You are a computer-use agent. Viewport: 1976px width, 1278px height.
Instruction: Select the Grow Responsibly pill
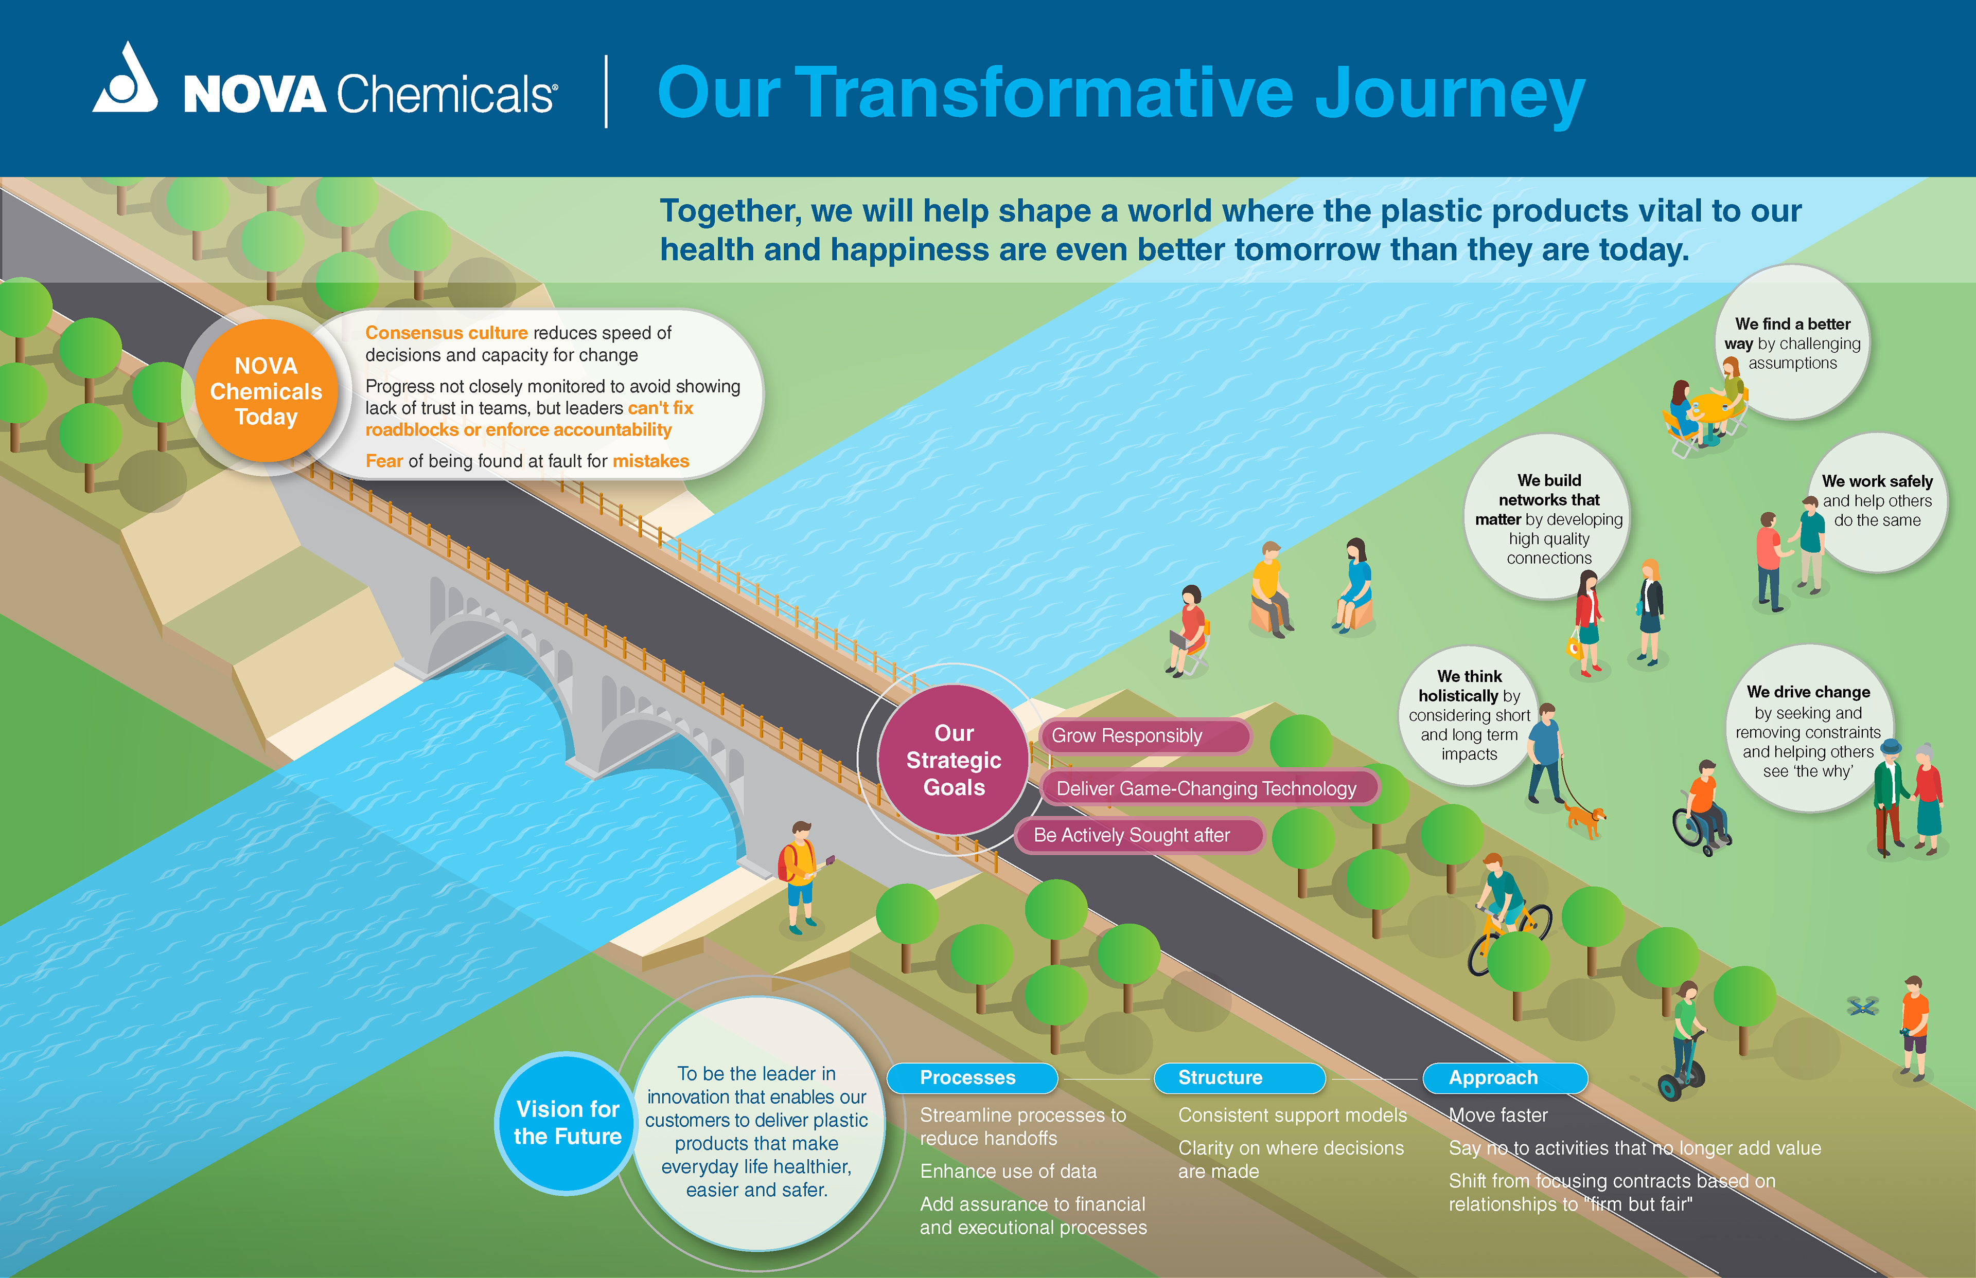click(x=1144, y=736)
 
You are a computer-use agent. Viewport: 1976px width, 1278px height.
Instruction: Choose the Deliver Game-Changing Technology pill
click(x=1206, y=788)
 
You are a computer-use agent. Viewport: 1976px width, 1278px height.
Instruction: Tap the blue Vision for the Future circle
click(x=567, y=1123)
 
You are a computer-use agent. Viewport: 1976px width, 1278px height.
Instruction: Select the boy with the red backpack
click(x=800, y=875)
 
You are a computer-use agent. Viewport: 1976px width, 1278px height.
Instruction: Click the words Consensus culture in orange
click(x=446, y=333)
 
